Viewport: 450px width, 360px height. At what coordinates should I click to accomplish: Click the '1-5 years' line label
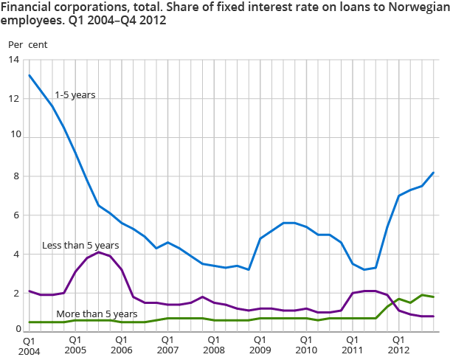pos(75,95)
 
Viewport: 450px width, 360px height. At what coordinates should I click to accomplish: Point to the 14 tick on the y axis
pos(13,59)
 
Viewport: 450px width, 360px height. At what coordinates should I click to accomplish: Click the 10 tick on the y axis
pos(13,137)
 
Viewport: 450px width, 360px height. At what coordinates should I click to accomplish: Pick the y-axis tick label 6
pos(15,215)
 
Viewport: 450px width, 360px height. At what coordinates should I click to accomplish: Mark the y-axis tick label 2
pos(15,294)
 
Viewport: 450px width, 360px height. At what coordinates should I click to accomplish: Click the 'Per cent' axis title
pos(27,44)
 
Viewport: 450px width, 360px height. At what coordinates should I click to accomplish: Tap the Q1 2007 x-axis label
pos(167,347)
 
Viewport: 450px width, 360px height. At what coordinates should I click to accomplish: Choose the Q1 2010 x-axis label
pos(306,347)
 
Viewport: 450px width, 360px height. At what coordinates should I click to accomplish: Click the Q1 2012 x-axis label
pos(398,347)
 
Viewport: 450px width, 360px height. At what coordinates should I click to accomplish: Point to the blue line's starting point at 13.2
pos(30,75)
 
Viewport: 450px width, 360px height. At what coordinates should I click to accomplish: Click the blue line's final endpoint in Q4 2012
pos(433,173)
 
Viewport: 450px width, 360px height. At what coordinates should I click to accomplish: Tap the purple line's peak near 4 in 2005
pos(99,252)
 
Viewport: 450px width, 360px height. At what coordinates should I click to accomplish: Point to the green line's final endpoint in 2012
pos(433,297)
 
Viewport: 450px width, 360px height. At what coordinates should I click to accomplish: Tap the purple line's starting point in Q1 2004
pos(30,291)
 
